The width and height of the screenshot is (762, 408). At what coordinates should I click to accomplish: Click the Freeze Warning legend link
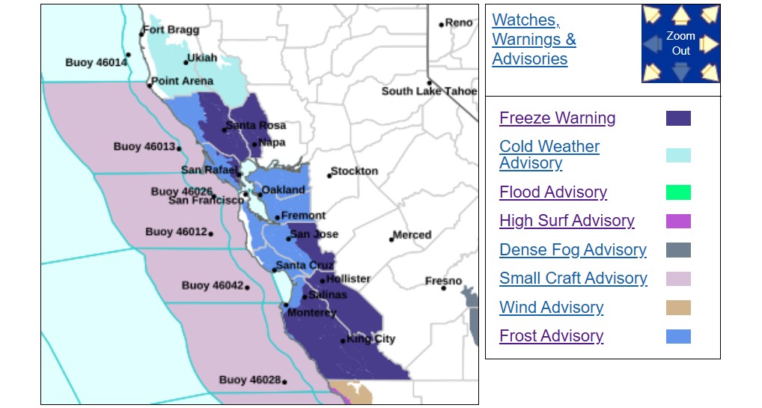557,118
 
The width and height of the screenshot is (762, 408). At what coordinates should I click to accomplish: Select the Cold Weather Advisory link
549,155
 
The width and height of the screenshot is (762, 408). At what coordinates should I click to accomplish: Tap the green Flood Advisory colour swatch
678,192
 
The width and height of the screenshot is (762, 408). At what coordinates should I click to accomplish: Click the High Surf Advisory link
567,221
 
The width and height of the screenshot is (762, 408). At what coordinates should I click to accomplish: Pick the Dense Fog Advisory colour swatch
678,250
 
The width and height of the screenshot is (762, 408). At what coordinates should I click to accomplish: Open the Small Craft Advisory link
573,278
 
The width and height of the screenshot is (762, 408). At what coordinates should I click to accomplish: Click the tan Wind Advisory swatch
678,308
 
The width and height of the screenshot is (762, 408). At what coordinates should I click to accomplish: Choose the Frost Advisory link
551,336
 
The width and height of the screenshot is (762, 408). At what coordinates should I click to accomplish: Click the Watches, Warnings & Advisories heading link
533,40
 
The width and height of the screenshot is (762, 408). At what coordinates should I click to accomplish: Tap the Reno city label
459,23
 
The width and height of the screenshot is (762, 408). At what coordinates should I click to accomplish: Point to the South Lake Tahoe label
429,91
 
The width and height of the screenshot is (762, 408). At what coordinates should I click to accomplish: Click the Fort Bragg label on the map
171,30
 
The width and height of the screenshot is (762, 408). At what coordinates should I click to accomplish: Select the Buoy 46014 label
96,63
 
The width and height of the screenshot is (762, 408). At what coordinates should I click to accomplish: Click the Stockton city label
354,171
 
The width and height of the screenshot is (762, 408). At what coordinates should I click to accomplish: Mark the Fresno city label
443,281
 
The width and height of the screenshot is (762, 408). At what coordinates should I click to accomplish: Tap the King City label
371,339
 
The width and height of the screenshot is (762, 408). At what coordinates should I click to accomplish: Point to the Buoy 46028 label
249,380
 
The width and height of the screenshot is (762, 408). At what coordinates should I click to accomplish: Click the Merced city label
412,235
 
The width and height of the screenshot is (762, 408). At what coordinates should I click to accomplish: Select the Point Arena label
182,81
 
